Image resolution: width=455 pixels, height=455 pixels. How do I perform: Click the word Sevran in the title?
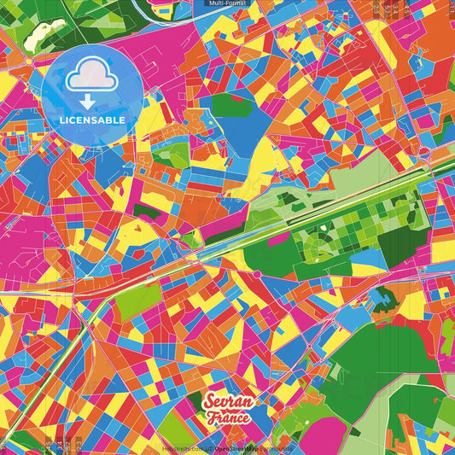click(226, 402)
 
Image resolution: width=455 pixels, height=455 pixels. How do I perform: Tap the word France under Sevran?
click(228, 418)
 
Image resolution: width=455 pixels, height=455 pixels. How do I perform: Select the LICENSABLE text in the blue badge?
click(91, 119)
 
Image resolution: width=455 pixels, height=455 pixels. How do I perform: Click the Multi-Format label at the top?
click(227, 3)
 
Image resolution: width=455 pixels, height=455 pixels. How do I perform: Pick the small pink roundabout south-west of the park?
click(256, 274)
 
